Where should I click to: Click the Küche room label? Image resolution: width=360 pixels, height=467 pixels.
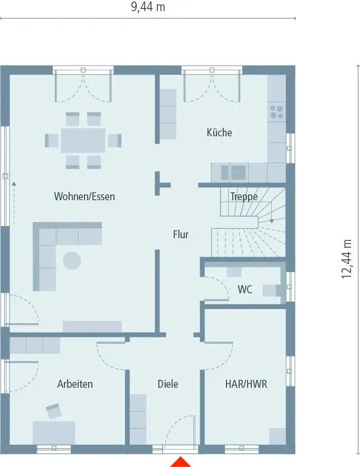pyautogui.click(x=219, y=133)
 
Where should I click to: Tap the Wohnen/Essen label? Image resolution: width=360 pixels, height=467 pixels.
pyautogui.click(x=84, y=197)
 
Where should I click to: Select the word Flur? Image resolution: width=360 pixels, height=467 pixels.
pyautogui.click(x=181, y=235)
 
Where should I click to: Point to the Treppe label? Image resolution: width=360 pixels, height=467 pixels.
pyautogui.click(x=244, y=197)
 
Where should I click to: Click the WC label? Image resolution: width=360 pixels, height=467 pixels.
pyautogui.click(x=244, y=289)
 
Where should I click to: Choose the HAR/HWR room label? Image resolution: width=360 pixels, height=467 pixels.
pyautogui.click(x=246, y=384)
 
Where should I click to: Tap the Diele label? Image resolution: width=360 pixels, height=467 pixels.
pyautogui.click(x=168, y=384)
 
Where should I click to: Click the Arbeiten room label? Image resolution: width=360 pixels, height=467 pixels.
pyautogui.click(x=75, y=384)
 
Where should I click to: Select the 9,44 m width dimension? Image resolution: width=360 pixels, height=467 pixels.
pyautogui.click(x=147, y=7)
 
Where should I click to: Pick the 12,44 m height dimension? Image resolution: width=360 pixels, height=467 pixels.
pyautogui.click(x=347, y=259)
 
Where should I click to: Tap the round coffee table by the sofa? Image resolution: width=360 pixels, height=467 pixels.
pyautogui.click(x=72, y=260)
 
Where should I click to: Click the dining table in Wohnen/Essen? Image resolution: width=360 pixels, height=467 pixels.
pyautogui.click(x=83, y=141)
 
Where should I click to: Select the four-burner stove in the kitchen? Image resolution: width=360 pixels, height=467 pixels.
pyautogui.click(x=277, y=112)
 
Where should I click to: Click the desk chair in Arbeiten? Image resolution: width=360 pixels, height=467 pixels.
pyautogui.click(x=54, y=410)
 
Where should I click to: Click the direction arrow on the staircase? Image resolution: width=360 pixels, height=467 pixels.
pyautogui.click(x=271, y=220)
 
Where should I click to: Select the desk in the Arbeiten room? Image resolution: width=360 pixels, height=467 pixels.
pyautogui.click(x=54, y=432)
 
